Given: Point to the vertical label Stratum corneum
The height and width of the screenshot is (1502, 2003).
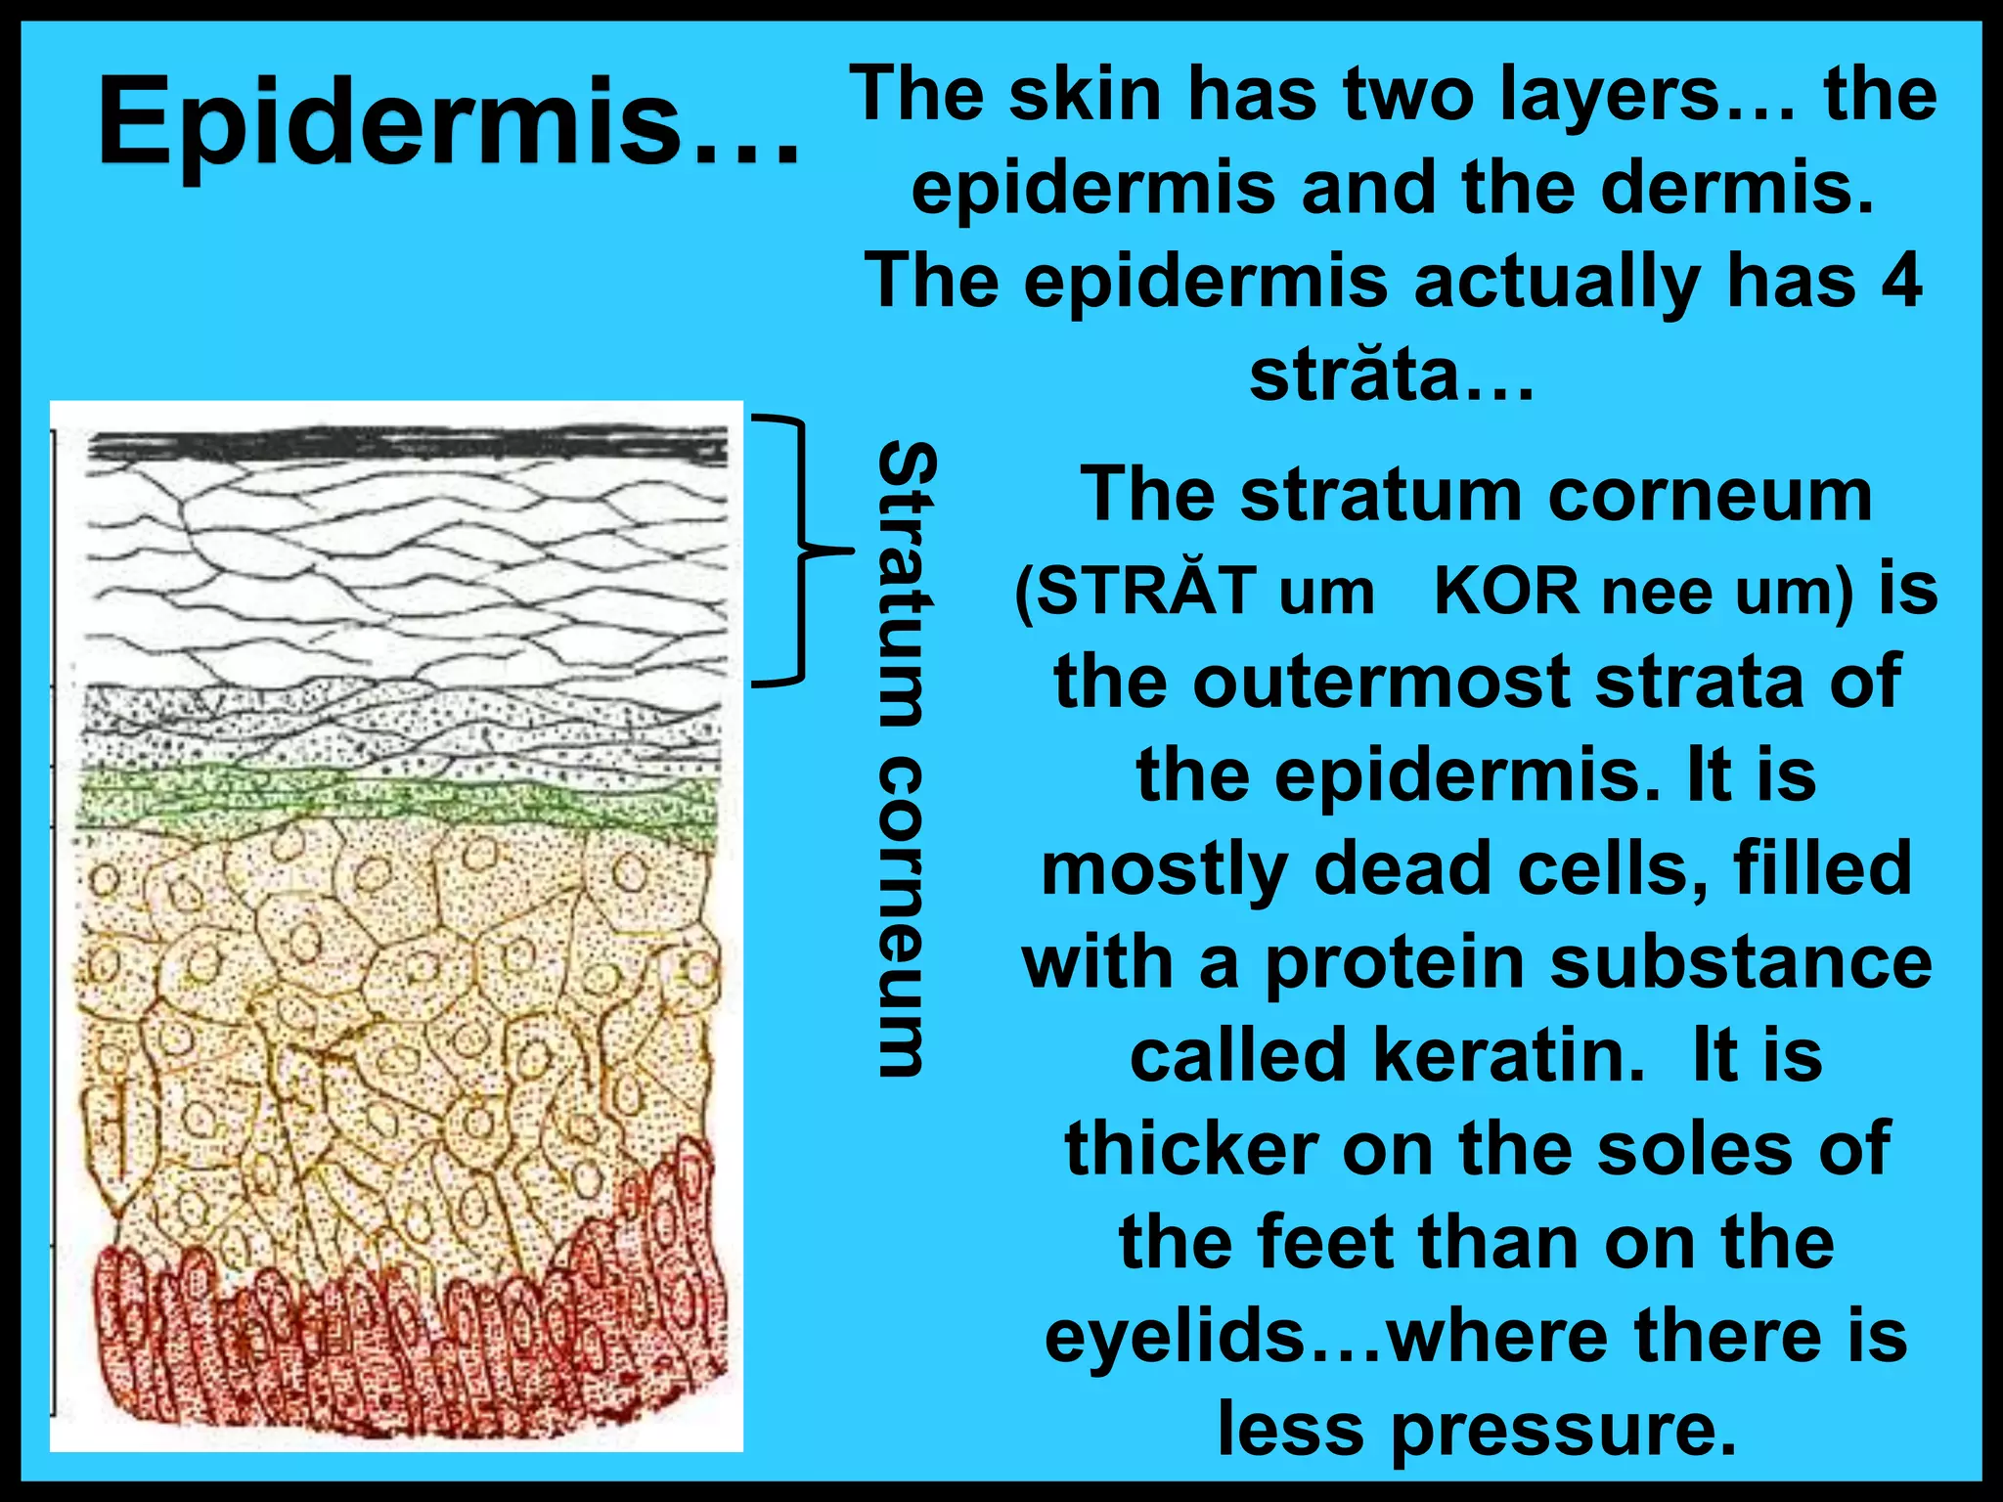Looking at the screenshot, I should pyautogui.click(x=905, y=758).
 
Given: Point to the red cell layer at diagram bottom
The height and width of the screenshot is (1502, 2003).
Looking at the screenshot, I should pyautogui.click(x=411, y=1349).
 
